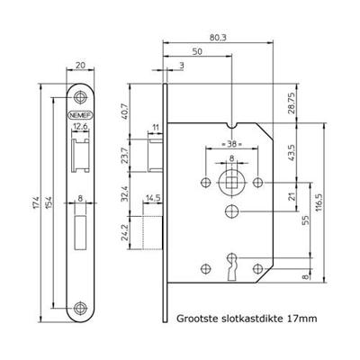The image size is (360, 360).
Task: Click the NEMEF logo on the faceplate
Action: point(80,115)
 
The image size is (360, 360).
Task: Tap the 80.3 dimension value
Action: point(218,38)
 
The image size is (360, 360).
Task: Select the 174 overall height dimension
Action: point(36,202)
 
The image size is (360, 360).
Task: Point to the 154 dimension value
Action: point(49,202)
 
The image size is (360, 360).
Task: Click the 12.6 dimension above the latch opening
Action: point(80,127)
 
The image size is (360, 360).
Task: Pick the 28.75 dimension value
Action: point(292,103)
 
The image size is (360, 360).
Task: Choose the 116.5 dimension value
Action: point(319,202)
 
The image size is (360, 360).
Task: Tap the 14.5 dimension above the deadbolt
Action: point(153,198)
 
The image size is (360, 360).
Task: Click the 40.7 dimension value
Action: point(125,112)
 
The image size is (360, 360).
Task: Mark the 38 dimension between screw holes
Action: point(231,144)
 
